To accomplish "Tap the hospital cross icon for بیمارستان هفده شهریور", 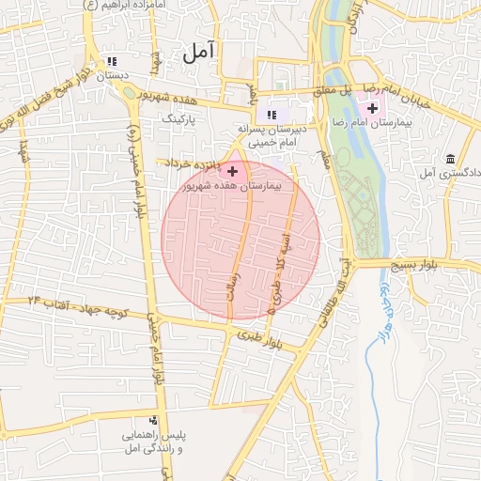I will click(232, 171).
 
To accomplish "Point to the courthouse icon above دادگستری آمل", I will click(452, 158).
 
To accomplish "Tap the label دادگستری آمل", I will click(450, 174).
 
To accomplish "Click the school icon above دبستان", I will click(115, 60).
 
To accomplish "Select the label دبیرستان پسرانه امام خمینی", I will click(272, 135).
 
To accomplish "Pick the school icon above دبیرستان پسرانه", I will click(272, 114).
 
